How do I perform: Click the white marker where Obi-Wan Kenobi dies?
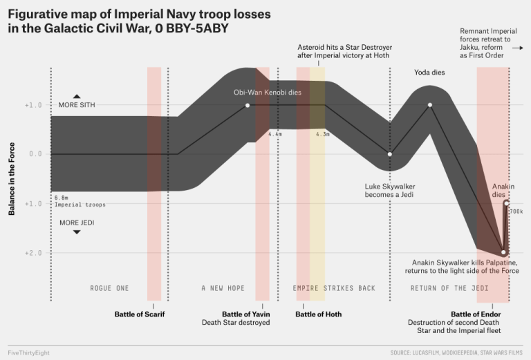[x=248, y=105]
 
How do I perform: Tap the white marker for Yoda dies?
[x=430, y=105]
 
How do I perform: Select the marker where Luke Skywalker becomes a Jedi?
[x=389, y=154]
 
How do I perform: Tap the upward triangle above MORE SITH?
[x=77, y=96]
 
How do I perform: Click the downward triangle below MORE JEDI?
[x=77, y=232]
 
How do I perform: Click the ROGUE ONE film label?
[x=109, y=288]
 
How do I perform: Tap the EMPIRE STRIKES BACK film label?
[x=334, y=288]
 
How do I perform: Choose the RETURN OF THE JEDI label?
[x=449, y=288]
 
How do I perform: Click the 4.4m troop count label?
[x=274, y=133]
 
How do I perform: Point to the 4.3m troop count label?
[x=322, y=133]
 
